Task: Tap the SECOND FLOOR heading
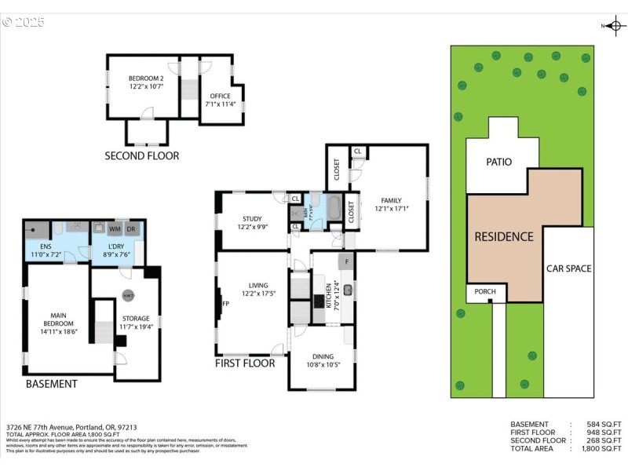pos(142,156)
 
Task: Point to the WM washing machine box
pos(115,229)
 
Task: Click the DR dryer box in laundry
pos(131,229)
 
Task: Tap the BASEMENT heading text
pos(52,384)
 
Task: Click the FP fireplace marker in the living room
pos(225,303)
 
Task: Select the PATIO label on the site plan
pos(498,162)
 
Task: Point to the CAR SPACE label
pos(568,268)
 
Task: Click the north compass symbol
pos(615,26)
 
